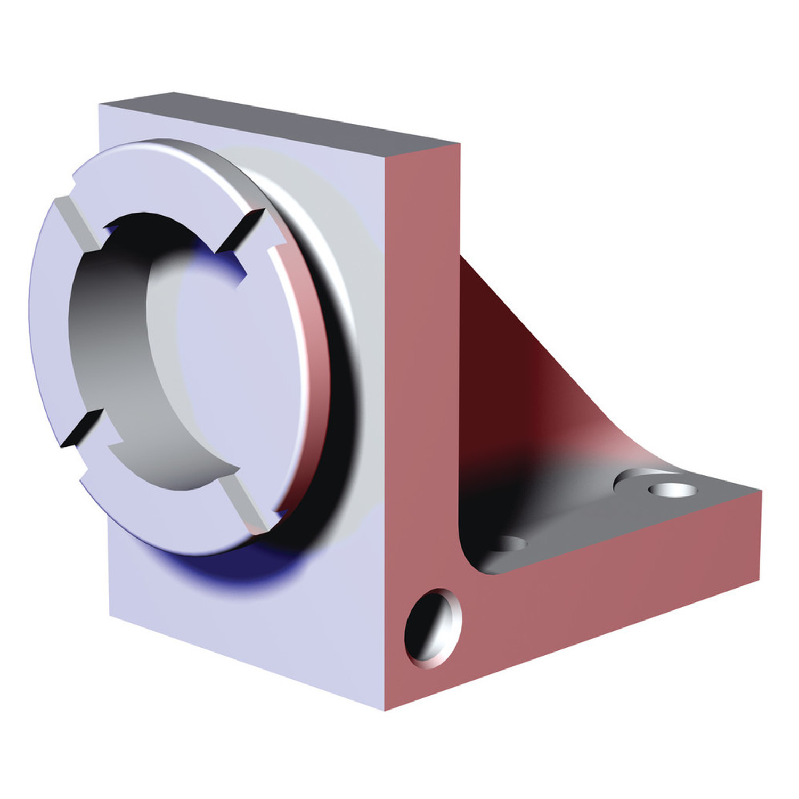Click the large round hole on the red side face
(433, 629)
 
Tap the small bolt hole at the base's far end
(672, 489)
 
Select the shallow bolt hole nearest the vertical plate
(509, 544)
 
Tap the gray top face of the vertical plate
(277, 120)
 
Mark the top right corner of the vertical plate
(459, 144)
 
